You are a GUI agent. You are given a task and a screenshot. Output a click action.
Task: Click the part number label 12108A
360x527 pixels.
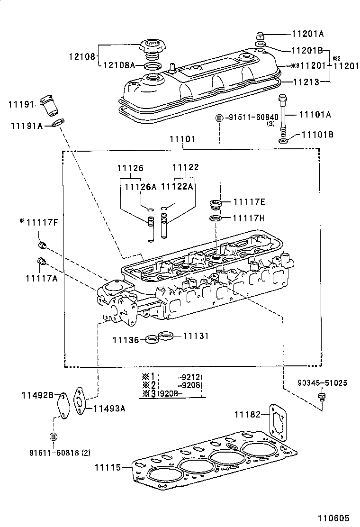coord(119,65)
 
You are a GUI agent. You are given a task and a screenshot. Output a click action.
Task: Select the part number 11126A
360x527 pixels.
coord(140,187)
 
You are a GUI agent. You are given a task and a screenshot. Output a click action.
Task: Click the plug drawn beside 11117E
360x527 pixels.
coord(216,205)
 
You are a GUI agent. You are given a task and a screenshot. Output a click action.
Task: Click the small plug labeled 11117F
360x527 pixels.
coord(42,245)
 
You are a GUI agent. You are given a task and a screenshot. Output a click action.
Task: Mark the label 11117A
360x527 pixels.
coord(41,278)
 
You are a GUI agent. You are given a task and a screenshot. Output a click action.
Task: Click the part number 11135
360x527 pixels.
coord(126,339)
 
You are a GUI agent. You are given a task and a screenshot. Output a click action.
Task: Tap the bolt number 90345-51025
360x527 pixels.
coord(322,382)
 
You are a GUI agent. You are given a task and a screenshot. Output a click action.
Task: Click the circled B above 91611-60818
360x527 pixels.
coord(53,436)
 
